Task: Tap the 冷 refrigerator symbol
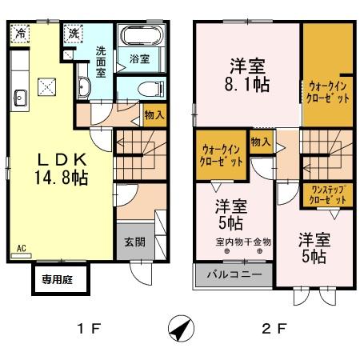coord(19,35)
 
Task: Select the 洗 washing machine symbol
coord(73,34)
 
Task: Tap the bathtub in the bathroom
coord(140,36)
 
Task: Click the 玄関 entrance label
coord(134,242)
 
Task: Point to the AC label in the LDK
coord(20,248)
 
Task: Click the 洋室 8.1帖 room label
coord(247,74)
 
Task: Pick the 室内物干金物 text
coord(244,240)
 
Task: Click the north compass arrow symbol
coord(180,328)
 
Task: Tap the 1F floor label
coord(88,328)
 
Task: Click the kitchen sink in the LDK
coord(20,98)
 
